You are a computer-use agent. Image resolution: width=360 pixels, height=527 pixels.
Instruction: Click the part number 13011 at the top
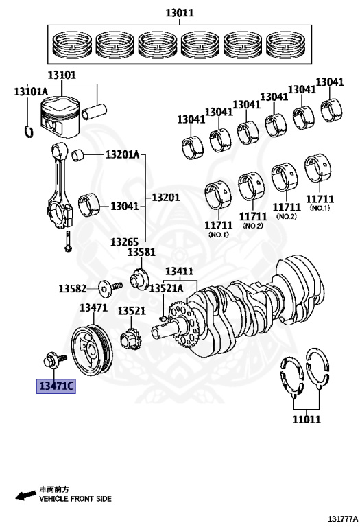(180, 13)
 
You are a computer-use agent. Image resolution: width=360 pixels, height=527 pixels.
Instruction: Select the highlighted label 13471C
(56, 386)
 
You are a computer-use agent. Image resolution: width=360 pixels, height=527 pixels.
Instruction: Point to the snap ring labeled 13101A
(29, 131)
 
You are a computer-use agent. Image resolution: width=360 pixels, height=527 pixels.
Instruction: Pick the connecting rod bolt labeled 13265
(68, 242)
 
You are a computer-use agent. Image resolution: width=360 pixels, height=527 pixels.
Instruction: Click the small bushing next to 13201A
(78, 155)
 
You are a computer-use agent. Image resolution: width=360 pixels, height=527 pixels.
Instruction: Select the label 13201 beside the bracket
(165, 198)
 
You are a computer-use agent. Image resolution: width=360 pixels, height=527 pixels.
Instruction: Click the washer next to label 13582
(104, 288)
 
